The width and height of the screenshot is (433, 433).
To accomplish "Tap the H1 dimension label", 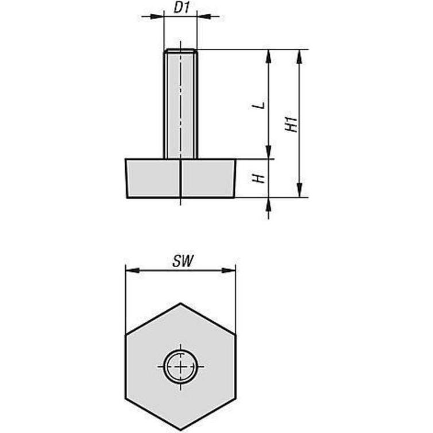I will coord(293,124).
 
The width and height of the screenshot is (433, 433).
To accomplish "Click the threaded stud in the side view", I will coord(180,103).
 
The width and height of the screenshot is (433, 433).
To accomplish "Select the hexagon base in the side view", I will coord(180,179).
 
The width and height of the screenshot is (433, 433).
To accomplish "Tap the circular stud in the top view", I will coord(181,366).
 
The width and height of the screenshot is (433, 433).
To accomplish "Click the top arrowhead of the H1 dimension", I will coord(299,55).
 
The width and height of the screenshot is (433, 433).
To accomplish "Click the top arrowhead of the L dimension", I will coord(268,55).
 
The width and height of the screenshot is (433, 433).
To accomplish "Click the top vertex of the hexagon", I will coord(180,303).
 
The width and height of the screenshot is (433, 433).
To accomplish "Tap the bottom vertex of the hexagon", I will coord(180,429).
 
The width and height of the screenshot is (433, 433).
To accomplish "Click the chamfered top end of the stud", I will coord(180,52).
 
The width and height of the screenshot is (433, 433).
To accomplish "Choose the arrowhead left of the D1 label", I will coord(158,17).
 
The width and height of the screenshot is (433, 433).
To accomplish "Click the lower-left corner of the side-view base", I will coord(127,197).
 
